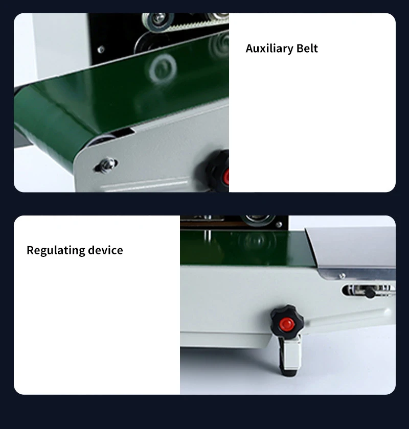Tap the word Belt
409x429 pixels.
coord(307,48)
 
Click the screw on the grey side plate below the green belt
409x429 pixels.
coord(106,164)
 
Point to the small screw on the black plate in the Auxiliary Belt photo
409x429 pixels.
coord(101,50)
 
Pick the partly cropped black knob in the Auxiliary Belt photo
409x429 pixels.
coord(216,171)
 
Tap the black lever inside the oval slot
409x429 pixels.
coord(370,293)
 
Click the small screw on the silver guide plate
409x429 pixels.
coord(342,276)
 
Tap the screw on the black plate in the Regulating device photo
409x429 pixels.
coord(279,225)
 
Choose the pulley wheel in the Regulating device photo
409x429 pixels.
coord(258,219)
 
